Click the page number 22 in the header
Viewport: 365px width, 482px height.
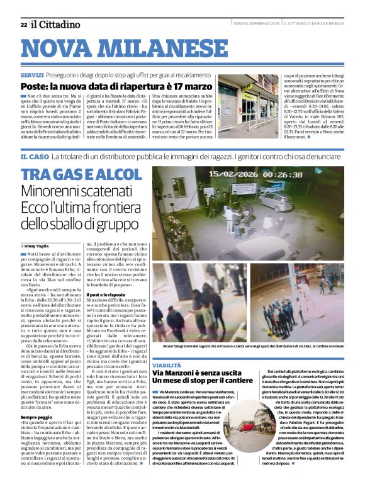coord(23,25)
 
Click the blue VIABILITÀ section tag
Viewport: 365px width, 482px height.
coord(167,364)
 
